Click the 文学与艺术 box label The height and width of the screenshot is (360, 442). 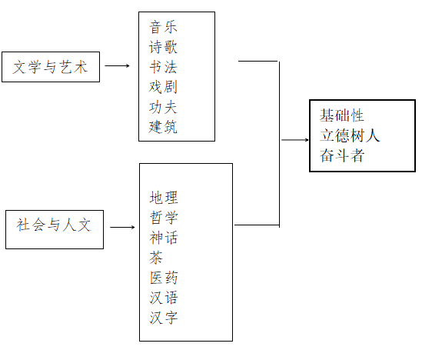point(50,67)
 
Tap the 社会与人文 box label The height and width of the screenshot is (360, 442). point(54,225)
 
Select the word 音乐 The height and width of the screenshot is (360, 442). point(163,27)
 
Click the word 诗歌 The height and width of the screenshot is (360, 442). point(163,47)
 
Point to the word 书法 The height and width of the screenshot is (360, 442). point(163,67)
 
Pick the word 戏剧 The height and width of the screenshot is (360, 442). point(163,87)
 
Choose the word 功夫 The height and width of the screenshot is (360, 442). point(163,107)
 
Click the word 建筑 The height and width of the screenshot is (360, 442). point(163,127)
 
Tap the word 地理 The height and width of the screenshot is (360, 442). point(164,198)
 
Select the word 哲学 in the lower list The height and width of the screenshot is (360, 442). point(164,218)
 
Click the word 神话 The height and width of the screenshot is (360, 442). point(164,238)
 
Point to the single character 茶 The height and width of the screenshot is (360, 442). point(156,258)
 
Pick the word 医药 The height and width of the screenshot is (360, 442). point(164,278)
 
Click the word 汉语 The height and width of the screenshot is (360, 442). point(164,298)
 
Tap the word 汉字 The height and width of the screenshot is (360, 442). point(164,318)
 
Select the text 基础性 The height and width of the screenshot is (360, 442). point(341,115)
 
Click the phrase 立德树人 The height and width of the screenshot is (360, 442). point(350,135)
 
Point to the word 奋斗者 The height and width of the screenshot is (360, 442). point(341,155)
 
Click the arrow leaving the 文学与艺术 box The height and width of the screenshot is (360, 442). point(118,65)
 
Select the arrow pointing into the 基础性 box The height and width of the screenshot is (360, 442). point(295,140)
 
